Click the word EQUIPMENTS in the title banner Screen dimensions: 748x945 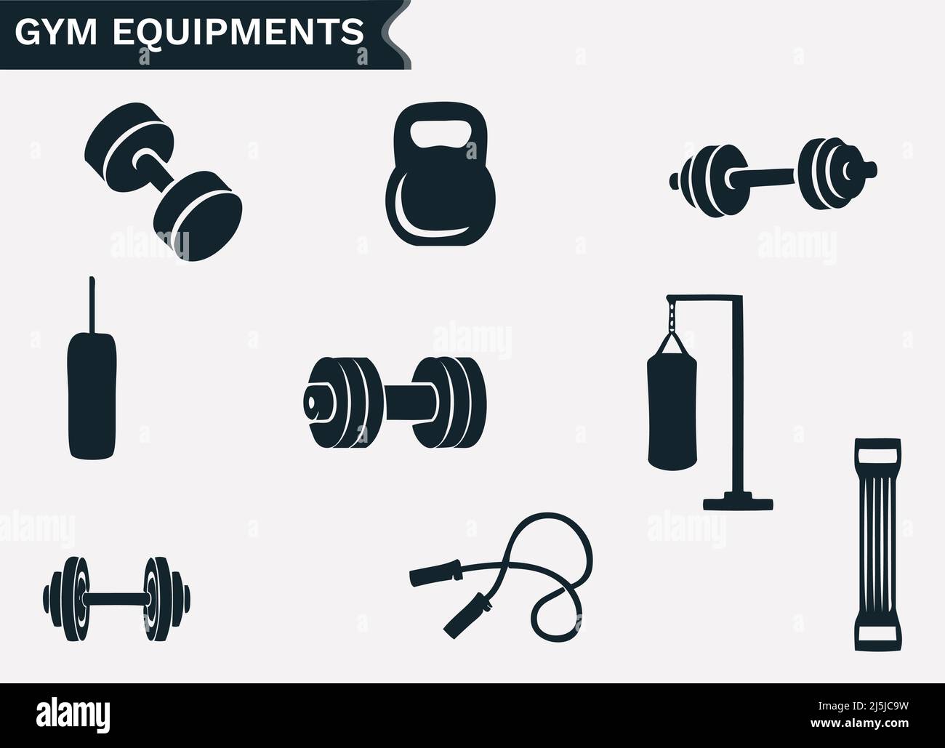pyautogui.click(x=236, y=33)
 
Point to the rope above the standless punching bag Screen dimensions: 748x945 pyautogui.click(x=92, y=302)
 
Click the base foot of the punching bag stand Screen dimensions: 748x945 pyautogui.click(x=738, y=502)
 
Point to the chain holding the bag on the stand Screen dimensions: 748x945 pyautogui.click(x=672, y=316)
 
